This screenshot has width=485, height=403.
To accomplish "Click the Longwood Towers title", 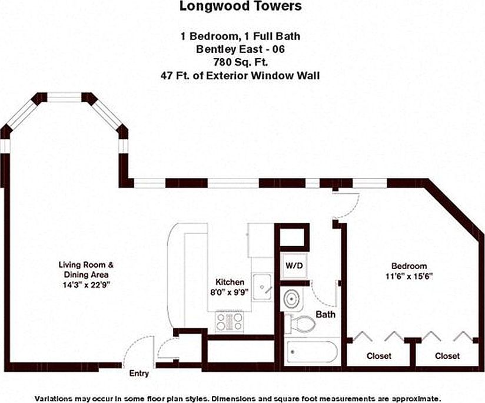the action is coord(240,6).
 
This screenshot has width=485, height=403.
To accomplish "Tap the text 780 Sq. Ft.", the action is coord(240,62).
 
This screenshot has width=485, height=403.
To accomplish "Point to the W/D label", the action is coord(294,266).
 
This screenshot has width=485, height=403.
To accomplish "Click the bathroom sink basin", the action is coord(291,299).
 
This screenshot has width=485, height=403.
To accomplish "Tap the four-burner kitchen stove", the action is coord(230,322).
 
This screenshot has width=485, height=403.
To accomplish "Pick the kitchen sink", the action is coord(262,287).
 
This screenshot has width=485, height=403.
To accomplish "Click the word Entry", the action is coord(139,374).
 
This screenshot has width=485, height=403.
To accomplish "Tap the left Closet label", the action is coord(379,356).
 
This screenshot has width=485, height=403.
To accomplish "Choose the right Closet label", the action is coord(447,356).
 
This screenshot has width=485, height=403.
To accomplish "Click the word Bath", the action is coord(325,314).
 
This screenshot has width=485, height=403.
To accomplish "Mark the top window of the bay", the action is coord(64,98).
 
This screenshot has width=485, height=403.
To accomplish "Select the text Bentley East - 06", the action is coord(240,49).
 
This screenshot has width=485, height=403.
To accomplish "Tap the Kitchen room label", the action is coord(230,282).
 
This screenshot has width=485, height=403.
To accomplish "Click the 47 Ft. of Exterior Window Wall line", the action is coord(240,76).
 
